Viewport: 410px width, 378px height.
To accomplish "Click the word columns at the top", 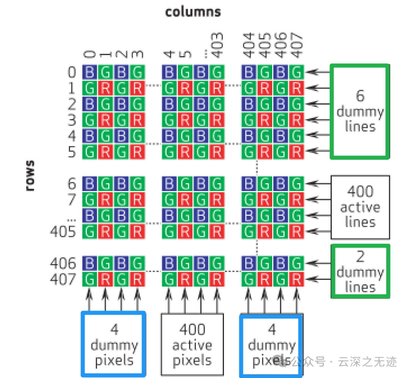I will coord(193,11).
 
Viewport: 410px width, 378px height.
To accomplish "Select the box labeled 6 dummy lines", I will coord(360,111).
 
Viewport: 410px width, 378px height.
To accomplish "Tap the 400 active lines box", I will coord(360,207).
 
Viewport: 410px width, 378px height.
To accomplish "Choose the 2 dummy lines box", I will coord(360,270).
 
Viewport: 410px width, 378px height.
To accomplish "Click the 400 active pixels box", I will coord(192,344).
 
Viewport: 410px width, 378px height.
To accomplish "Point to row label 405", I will coord(63,231).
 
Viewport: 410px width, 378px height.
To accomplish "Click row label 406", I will coord(63,263).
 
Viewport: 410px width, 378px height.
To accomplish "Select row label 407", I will coord(63,279).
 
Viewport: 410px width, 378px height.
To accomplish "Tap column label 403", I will coord(217,46).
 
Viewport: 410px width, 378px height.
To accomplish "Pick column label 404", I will coord(249,46).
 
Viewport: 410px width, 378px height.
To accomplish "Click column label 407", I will coord(297,46).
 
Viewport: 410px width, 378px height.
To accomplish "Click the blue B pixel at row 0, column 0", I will coord(90,72).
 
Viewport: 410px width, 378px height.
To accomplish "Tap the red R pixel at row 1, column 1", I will coord(106,88).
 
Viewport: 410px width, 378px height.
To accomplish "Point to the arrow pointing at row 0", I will coord(318,71).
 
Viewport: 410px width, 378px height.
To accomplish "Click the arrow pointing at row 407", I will coord(318,279).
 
